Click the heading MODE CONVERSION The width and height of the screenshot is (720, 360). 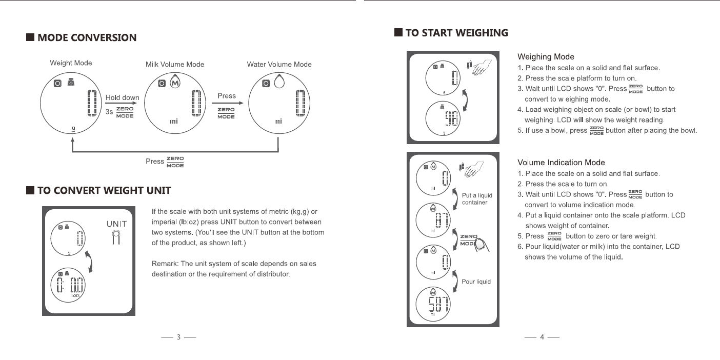(87, 37)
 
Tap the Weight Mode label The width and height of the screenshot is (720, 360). (71, 63)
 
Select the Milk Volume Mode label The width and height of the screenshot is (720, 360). (175, 64)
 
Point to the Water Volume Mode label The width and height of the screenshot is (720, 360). (279, 64)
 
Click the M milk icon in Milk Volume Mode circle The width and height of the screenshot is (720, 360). (176, 83)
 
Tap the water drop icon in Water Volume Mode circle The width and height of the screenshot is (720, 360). (279, 83)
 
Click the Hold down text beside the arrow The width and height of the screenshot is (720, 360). (122, 98)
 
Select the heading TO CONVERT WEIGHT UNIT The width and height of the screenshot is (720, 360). (104, 191)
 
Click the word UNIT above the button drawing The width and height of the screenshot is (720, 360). (116, 224)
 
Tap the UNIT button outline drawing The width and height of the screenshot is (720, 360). (116, 238)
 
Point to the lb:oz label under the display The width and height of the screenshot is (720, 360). (74, 295)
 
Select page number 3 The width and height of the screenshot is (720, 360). (178, 337)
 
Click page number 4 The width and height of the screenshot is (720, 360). (542, 337)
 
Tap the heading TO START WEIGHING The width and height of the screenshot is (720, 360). (456, 33)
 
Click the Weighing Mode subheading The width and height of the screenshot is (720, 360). (546, 57)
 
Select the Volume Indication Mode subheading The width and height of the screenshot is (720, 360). (561, 163)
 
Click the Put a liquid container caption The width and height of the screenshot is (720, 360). (477, 199)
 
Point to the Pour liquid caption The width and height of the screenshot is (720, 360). (476, 282)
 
